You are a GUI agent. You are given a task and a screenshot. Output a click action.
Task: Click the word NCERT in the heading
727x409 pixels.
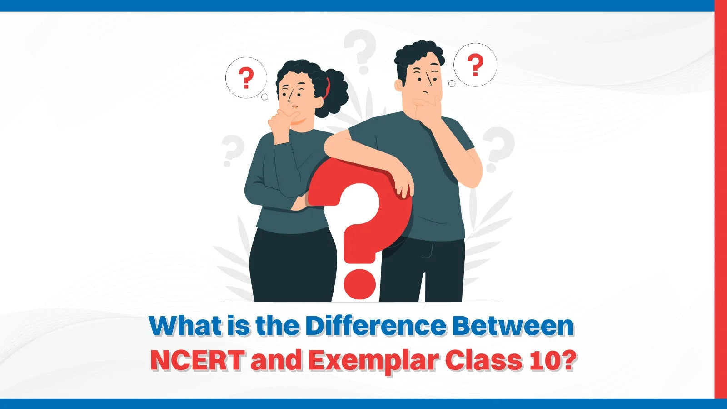point(197,361)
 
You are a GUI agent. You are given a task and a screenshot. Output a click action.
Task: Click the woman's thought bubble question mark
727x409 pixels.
point(246,78)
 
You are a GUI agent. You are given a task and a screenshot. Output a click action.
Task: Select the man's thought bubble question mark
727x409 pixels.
point(475,65)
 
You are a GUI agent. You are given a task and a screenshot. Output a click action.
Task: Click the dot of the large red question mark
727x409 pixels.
point(359,284)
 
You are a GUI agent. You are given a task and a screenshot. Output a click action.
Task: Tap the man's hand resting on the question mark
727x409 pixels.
point(403,185)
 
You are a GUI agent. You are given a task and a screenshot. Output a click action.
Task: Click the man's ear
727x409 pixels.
point(398,85)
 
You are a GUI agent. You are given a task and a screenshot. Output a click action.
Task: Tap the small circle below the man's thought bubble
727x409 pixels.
point(452,84)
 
